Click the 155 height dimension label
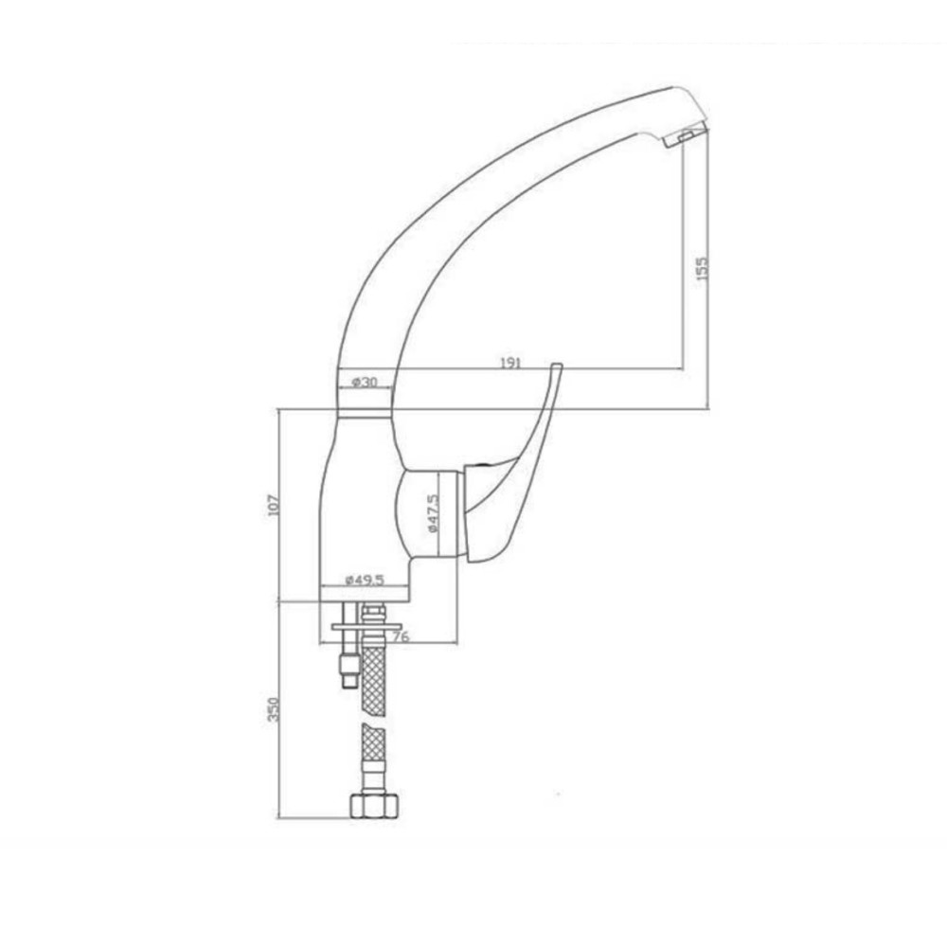pos(701,269)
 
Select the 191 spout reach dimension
pos(510,363)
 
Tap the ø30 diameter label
pos(365,382)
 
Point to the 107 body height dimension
pos(273,505)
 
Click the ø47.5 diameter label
pos(433,513)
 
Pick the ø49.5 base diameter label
pos(365,580)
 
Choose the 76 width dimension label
pos(401,636)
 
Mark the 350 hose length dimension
pos(273,709)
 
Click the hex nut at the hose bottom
pos(374,806)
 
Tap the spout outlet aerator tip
pos(685,137)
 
